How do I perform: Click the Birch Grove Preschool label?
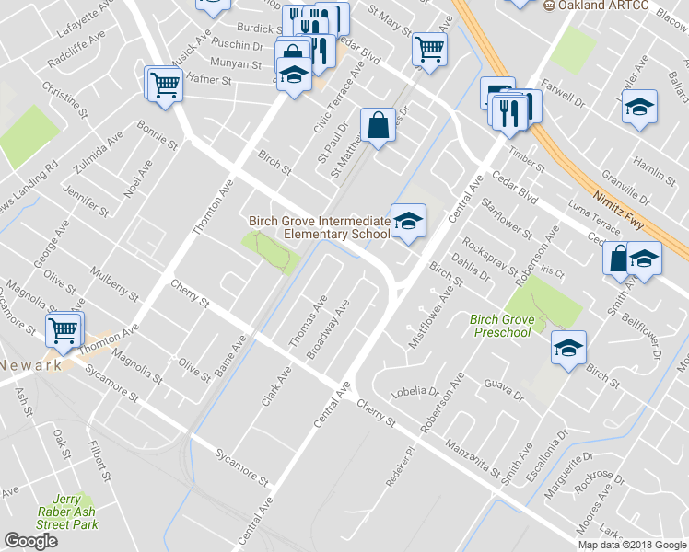pos(501,325)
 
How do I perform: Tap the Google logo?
pos(30,541)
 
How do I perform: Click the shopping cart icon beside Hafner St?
pos(165,85)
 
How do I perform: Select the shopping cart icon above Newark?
pos(64,328)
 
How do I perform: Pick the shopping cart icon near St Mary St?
pos(428,49)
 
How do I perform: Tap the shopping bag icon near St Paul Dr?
pos(378,124)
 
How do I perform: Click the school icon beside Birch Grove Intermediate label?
pos(408,220)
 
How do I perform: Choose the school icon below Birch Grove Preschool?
pos(568,348)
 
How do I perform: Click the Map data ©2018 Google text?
pos(632,544)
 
